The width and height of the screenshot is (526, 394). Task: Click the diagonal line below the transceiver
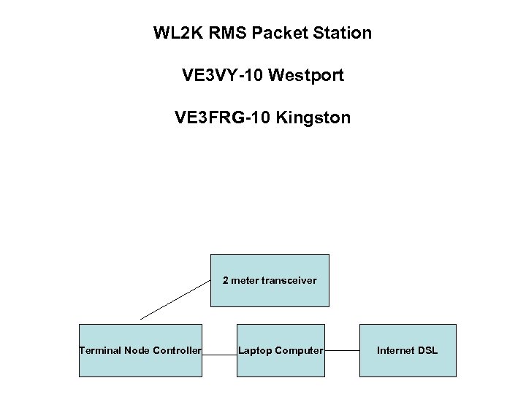175,300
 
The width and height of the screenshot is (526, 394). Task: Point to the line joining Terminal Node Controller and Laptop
219,353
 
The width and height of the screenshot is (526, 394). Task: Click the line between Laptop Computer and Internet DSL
342,350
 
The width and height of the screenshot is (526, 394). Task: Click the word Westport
306,75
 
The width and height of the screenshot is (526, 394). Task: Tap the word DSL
427,351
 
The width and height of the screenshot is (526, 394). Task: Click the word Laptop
254,351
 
